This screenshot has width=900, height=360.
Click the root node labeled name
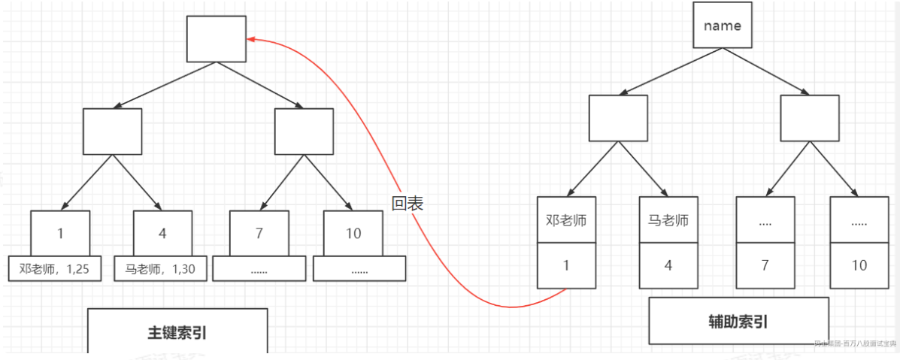coord(722,26)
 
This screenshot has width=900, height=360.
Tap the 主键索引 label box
coord(177,331)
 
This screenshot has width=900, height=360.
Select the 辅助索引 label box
coord(738,321)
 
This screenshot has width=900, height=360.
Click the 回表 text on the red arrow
coord(408,203)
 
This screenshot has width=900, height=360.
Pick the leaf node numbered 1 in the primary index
coord(60,233)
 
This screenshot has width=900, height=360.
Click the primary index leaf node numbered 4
coord(162,233)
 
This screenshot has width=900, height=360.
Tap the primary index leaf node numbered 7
coord(259,233)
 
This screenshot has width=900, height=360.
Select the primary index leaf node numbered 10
coord(353,233)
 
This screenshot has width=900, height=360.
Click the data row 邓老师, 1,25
coord(55,268)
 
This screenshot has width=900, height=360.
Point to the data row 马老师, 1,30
coord(159,268)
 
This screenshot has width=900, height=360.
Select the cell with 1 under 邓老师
coord(566,265)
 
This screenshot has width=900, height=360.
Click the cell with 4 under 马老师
coord(668,265)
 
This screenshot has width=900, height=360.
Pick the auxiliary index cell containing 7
coord(765,265)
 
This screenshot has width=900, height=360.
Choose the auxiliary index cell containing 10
coord(859,265)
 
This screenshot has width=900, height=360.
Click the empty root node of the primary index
coord(217,38)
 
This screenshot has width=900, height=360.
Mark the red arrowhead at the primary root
coord(251,39)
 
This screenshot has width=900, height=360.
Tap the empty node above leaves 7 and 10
coord(304,132)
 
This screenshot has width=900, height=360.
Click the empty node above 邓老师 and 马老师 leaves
coord(617,118)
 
